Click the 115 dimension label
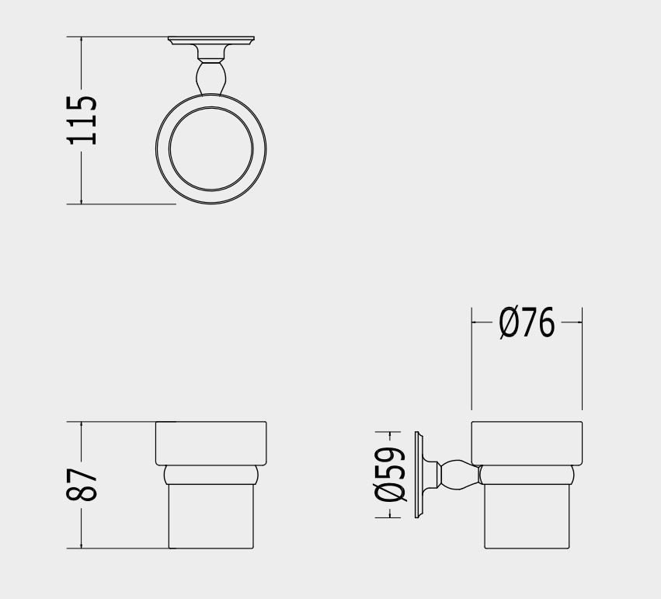pyautogui.click(x=82, y=120)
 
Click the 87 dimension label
pyautogui.click(x=82, y=485)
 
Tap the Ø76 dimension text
pyautogui.click(x=527, y=322)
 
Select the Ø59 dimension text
pyautogui.click(x=391, y=475)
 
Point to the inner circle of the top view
pyautogui.click(x=211, y=148)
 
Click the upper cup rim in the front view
pyautogui.click(x=211, y=443)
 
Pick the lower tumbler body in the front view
pyautogui.click(x=211, y=517)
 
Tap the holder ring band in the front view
pyautogui.click(x=211, y=475)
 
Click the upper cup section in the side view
pyautogui.click(x=527, y=443)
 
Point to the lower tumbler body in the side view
pyautogui.click(x=527, y=517)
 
